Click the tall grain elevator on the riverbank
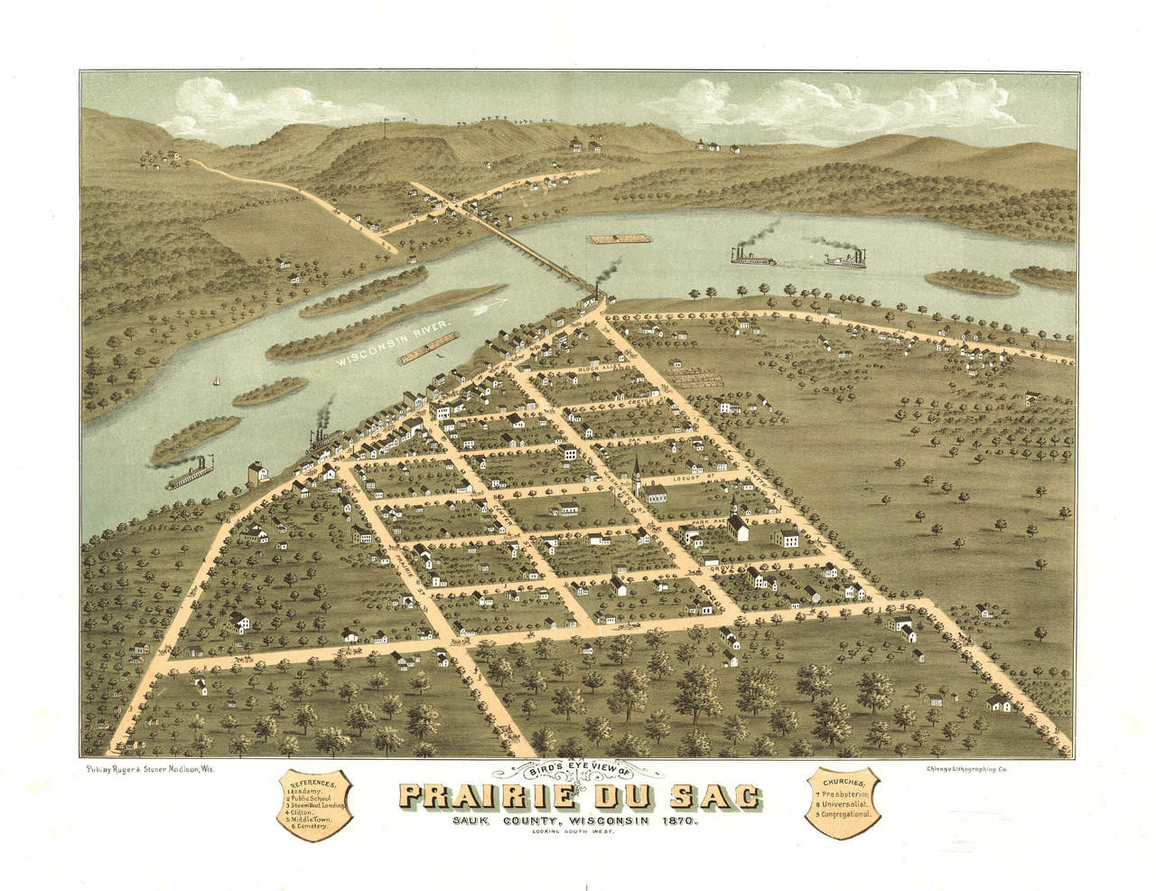[x=258, y=474]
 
